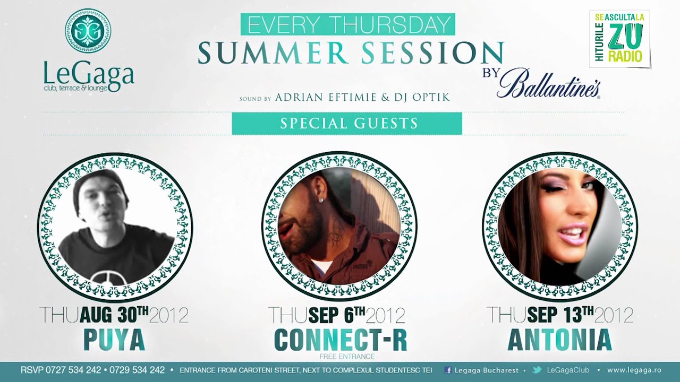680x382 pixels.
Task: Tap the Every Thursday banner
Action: pyautogui.click(x=347, y=24)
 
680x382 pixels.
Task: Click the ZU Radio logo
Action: pyautogui.click(x=619, y=38)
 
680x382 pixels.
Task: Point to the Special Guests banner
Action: pyautogui.click(x=347, y=124)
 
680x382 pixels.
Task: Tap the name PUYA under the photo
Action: pyautogui.click(x=114, y=340)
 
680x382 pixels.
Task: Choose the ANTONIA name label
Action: pyautogui.click(x=559, y=340)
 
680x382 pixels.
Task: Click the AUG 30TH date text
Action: pyautogui.click(x=114, y=315)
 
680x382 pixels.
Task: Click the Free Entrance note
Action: pyautogui.click(x=347, y=356)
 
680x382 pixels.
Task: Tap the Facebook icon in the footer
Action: pyautogui.click(x=448, y=370)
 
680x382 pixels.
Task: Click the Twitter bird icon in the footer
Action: pyautogui.click(x=537, y=370)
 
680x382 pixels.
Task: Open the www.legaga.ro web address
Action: pyautogui.click(x=634, y=370)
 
